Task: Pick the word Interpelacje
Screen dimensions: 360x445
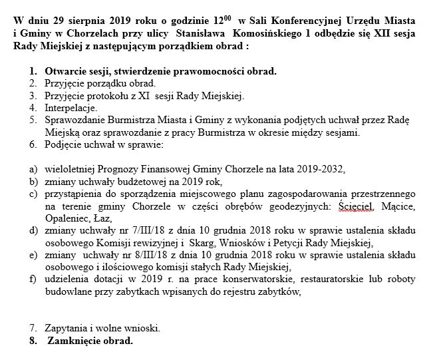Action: (x=71, y=108)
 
